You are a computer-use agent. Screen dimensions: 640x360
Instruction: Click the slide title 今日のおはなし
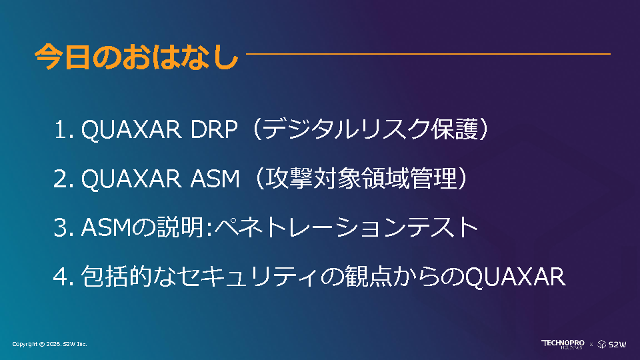point(137,57)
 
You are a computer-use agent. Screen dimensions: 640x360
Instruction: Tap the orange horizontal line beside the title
point(428,53)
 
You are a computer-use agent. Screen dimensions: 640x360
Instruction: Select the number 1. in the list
point(64,130)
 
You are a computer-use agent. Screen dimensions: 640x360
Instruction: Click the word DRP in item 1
point(214,130)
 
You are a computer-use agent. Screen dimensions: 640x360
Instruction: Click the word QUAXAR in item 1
point(131,131)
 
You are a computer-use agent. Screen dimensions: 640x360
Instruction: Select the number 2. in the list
point(64,179)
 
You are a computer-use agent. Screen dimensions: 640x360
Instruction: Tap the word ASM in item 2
point(215,179)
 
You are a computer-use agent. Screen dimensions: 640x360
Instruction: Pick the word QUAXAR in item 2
point(131,179)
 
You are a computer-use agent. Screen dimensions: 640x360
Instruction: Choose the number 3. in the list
point(64,228)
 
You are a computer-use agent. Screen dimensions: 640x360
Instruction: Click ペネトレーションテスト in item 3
point(347,227)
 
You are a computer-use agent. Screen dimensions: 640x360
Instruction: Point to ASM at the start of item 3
point(106,228)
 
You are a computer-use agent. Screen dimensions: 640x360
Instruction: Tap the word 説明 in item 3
point(181,227)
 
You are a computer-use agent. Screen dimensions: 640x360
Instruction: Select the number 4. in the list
point(64,277)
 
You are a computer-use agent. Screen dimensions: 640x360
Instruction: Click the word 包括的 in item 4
point(117,276)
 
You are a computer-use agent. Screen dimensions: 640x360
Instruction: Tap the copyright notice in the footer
point(49,344)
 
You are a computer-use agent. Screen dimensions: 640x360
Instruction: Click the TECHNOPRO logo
point(563,344)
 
